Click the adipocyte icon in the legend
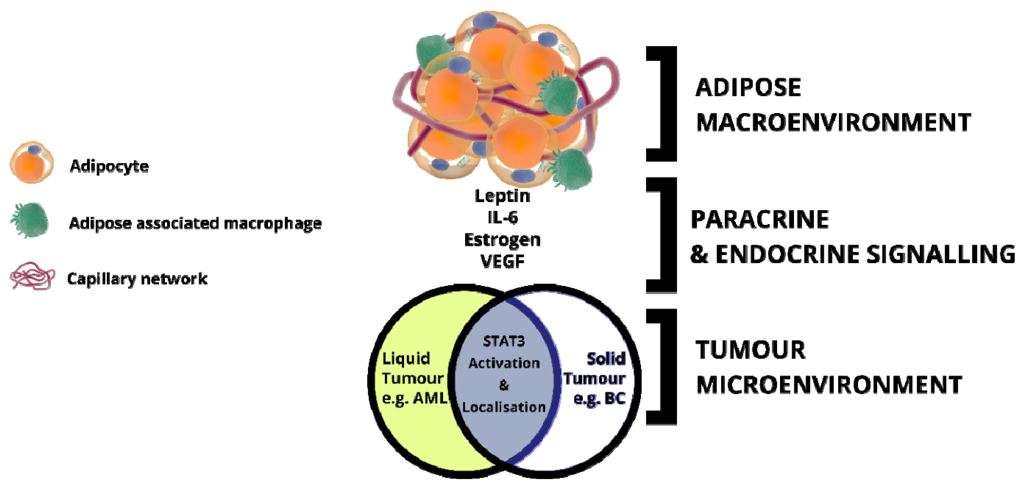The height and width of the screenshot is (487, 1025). (32, 162)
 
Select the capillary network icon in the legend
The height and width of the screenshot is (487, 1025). (32, 276)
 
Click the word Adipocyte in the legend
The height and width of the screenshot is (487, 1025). (109, 166)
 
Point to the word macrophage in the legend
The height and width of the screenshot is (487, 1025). (273, 223)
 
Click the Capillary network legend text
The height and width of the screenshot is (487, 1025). (137, 279)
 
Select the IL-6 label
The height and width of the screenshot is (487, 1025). (503, 217)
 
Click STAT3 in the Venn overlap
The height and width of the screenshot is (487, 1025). (504, 341)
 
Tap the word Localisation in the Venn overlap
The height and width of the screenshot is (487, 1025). (504, 407)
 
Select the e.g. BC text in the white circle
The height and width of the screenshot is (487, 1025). (599, 398)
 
